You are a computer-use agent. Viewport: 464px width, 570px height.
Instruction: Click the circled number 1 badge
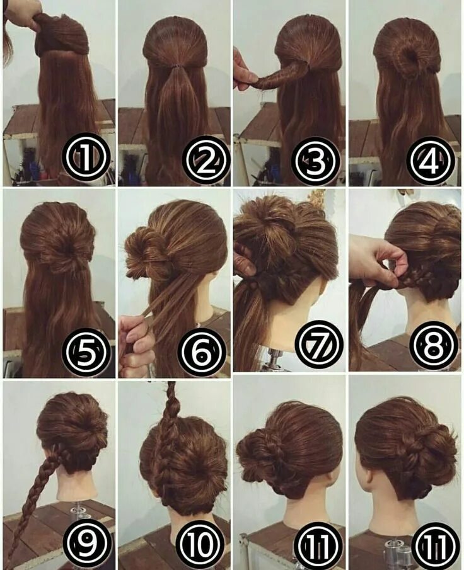click(x=86, y=158)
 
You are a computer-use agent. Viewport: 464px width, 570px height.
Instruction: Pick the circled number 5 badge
click(x=86, y=350)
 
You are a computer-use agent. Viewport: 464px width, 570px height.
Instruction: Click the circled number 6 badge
click(x=202, y=350)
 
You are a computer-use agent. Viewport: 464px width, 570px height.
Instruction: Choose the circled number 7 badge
click(x=319, y=345)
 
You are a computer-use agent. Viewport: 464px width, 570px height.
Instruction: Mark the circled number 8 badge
click(x=434, y=345)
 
